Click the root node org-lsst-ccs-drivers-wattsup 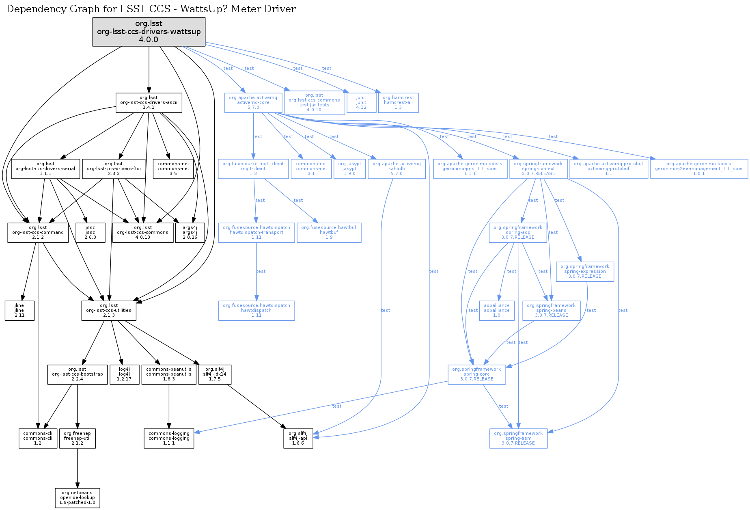[x=149, y=32]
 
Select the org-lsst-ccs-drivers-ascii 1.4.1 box [x=149, y=103]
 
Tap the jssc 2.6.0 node [x=91, y=233]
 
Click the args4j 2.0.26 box [x=190, y=233]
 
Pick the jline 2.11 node [x=19, y=311]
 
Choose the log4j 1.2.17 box [x=125, y=374]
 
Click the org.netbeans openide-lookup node [x=78, y=498]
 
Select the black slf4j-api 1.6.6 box [x=298, y=439]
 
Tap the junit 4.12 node [x=361, y=103]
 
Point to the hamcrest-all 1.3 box [x=398, y=103]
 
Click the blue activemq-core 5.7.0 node [x=253, y=103]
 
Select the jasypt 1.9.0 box [x=349, y=169]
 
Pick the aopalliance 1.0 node [x=497, y=311]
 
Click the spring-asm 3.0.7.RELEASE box [x=518, y=439]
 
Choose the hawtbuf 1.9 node [x=329, y=233]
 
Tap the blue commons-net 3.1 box [x=311, y=169]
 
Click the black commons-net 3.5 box [x=173, y=169]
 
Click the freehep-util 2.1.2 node [x=78, y=439]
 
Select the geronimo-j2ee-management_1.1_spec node [x=699, y=169]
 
